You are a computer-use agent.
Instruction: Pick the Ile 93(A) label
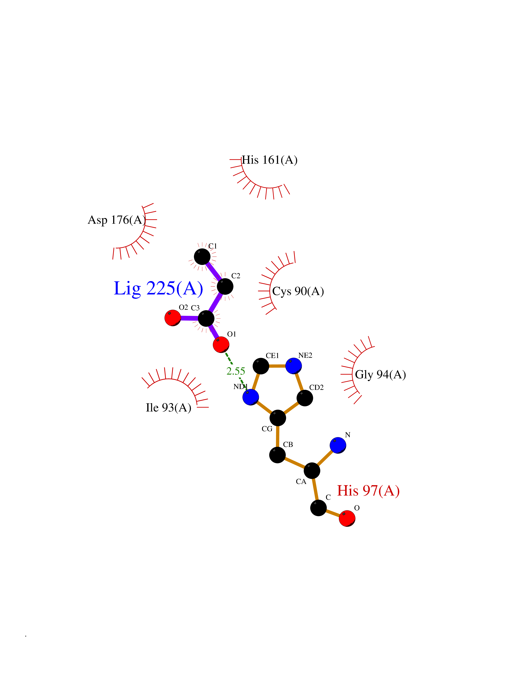click(x=168, y=408)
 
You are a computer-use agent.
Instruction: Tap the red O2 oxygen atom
click(x=173, y=318)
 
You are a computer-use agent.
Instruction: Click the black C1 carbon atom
click(x=202, y=257)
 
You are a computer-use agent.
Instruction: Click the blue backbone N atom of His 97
click(x=338, y=445)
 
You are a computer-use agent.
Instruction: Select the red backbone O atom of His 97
click(x=347, y=518)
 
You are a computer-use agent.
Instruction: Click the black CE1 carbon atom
click(x=261, y=366)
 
